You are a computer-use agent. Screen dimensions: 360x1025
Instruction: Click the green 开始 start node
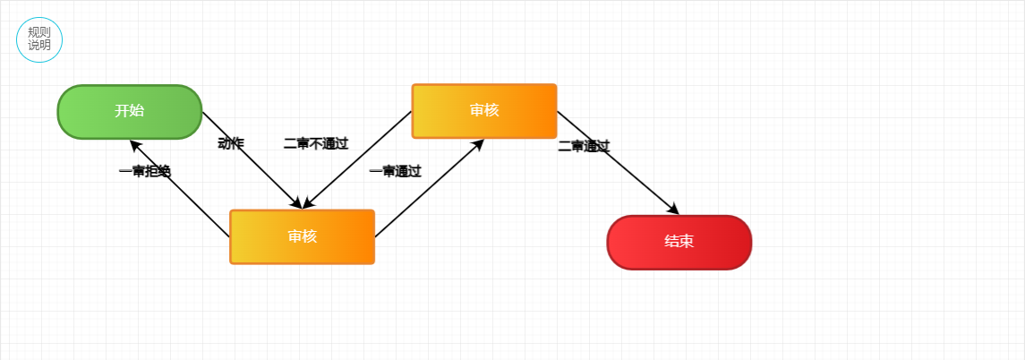[x=130, y=112]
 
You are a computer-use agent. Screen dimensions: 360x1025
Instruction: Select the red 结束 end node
[x=679, y=242]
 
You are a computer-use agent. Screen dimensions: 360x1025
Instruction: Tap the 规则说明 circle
[x=39, y=39]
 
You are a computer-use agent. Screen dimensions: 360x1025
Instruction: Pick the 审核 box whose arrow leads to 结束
[x=484, y=111]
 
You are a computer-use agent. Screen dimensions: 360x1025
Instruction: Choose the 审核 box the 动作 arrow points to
[x=302, y=236]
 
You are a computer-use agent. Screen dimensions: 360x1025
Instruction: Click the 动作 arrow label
[x=231, y=143]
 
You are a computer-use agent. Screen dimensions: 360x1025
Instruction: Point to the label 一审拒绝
[x=145, y=171]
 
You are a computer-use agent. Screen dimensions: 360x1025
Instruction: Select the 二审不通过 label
[x=316, y=143]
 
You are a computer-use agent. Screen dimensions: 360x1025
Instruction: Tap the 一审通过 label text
[x=395, y=171]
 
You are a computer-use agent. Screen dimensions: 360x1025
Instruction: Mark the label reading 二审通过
[x=584, y=146]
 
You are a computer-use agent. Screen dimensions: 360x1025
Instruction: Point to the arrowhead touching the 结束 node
[x=673, y=210]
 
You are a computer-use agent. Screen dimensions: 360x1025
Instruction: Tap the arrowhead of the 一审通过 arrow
[x=478, y=144]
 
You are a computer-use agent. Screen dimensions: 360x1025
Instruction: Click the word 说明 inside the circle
[x=39, y=46]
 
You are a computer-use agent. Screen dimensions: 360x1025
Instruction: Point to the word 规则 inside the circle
[x=39, y=32]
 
